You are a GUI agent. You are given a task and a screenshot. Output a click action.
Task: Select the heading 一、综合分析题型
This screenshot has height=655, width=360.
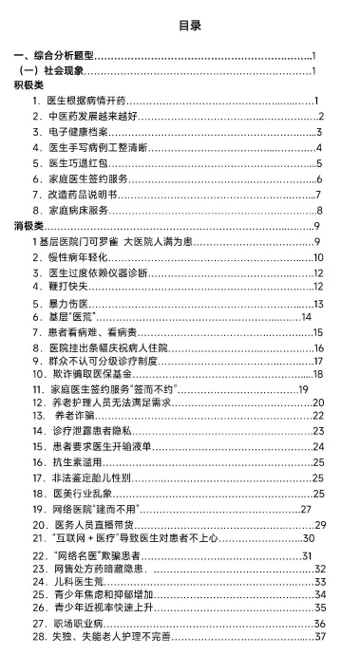pyautogui.click(x=58, y=57)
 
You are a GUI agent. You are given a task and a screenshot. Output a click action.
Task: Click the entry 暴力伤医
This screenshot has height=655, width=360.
pyautogui.click(x=63, y=304)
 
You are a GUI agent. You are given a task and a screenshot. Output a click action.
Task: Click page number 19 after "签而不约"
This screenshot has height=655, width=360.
pyautogui.click(x=304, y=389)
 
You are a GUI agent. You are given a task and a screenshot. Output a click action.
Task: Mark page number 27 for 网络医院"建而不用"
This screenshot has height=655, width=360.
pyautogui.click(x=306, y=510)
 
